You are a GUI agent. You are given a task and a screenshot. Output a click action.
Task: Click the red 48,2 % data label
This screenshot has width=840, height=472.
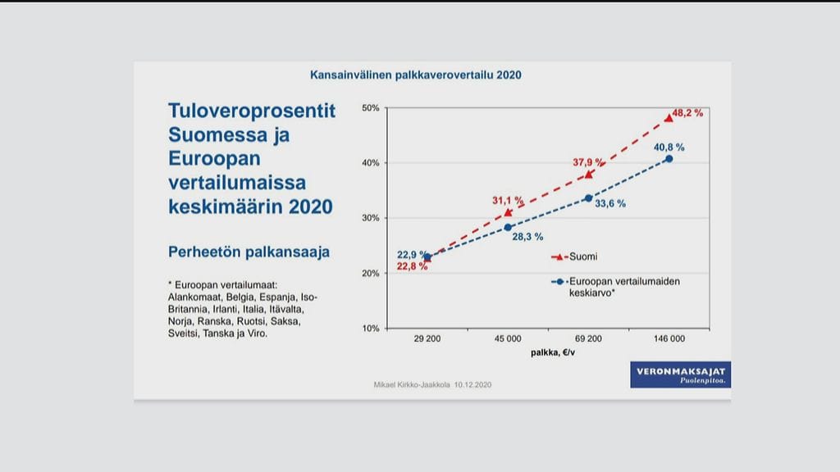coord(687,113)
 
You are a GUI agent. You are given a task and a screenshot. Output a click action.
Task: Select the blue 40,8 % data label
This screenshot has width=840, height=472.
coord(669,147)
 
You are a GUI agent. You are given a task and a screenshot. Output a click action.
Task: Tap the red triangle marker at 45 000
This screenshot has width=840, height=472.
coord(508,212)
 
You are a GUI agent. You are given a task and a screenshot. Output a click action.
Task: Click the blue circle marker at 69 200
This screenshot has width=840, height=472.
coord(588,197)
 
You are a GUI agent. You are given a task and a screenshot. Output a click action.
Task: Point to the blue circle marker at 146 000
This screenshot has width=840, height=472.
coord(669,158)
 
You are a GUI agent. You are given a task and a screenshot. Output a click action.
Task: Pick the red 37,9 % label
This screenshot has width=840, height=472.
coord(588,162)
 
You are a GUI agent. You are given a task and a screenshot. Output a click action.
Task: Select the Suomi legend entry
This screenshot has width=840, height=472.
coord(582,256)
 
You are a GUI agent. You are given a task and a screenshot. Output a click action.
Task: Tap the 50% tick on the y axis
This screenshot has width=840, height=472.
coord(370,108)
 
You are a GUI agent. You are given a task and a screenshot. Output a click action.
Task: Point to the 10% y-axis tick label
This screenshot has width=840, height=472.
coord(370,328)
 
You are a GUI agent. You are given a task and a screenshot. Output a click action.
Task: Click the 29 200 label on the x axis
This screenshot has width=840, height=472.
coord(427,338)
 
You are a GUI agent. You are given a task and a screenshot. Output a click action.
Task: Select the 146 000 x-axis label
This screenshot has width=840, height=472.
coord(669,338)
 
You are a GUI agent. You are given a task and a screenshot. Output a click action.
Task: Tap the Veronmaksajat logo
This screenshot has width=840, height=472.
coord(680,375)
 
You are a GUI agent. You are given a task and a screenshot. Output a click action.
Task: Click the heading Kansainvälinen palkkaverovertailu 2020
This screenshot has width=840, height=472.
coord(416,75)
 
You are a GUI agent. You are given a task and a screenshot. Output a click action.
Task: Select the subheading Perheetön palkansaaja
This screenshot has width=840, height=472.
coord(249,252)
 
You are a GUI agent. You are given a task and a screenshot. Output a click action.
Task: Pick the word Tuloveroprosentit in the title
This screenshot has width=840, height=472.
coord(252,111)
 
